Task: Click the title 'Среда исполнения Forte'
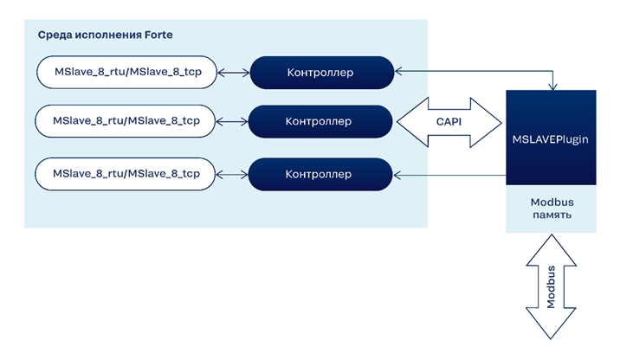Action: pyautogui.click(x=106, y=35)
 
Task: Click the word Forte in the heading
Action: pyautogui.click(x=158, y=35)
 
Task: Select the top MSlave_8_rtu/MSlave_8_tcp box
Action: pyautogui.click(x=126, y=72)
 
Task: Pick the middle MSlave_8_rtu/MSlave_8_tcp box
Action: pyautogui.click(x=126, y=121)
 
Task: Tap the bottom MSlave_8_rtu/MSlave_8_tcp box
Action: pyautogui.click(x=126, y=174)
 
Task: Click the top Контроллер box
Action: pyautogui.click(x=322, y=73)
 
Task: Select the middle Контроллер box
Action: pyautogui.click(x=320, y=121)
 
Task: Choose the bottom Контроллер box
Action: pyautogui.click(x=320, y=174)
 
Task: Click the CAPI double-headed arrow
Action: pyautogui.click(x=449, y=122)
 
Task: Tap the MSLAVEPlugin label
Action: pyautogui.click(x=550, y=139)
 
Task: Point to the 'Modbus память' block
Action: pyautogui.click(x=551, y=209)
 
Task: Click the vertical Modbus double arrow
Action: pyautogui.click(x=551, y=287)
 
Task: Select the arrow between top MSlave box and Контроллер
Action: pyautogui.click(x=233, y=73)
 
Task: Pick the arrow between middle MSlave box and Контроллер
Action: pyautogui.click(x=232, y=121)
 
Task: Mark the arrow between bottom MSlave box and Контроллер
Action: pyautogui.click(x=232, y=174)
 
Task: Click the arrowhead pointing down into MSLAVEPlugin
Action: pyautogui.click(x=552, y=87)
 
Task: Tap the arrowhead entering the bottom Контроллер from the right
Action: pyautogui.click(x=397, y=175)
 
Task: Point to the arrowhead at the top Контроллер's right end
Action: pyautogui.click(x=398, y=72)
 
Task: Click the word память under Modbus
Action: pyautogui.click(x=552, y=215)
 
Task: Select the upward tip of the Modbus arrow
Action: pyautogui.click(x=551, y=235)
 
